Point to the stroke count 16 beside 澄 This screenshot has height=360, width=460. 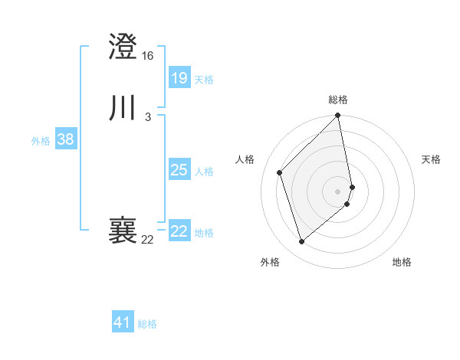(148, 56)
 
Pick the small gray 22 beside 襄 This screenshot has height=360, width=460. (148, 240)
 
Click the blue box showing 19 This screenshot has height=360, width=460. (179, 78)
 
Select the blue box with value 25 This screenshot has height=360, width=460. (179, 170)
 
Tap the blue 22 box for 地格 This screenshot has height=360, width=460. (179, 231)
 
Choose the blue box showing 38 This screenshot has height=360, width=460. (65, 139)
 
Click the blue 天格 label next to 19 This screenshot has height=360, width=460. (204, 80)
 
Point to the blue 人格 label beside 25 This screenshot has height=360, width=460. (204, 172)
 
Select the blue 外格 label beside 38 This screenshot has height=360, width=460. (41, 141)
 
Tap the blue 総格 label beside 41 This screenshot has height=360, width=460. (147, 324)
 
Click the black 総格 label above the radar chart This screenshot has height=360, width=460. (338, 100)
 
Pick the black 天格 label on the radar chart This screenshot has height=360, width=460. (431, 159)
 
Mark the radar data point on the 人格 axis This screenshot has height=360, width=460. (280, 172)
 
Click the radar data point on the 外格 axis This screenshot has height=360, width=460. (301, 242)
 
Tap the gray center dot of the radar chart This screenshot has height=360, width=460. (338, 191)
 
